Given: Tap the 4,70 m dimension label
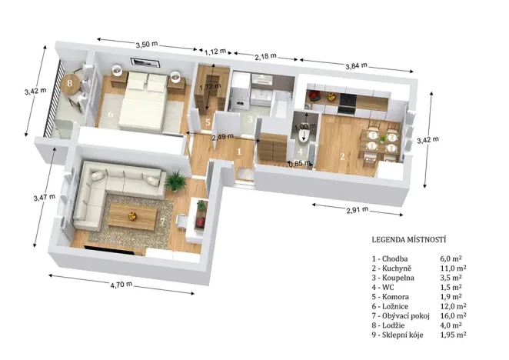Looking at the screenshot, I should point(121,284).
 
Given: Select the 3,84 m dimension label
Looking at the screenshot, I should point(354,66).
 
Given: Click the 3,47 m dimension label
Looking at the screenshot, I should point(44,197).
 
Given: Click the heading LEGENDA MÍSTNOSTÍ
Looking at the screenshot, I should point(409,239).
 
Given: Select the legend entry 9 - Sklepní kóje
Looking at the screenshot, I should point(400,335).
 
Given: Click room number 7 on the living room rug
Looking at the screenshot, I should point(162,222).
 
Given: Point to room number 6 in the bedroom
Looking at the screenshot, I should point(110,115).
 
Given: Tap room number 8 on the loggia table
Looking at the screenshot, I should point(69,82).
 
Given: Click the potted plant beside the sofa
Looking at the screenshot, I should point(178,183).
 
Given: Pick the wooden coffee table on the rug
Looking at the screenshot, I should point(133,215).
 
